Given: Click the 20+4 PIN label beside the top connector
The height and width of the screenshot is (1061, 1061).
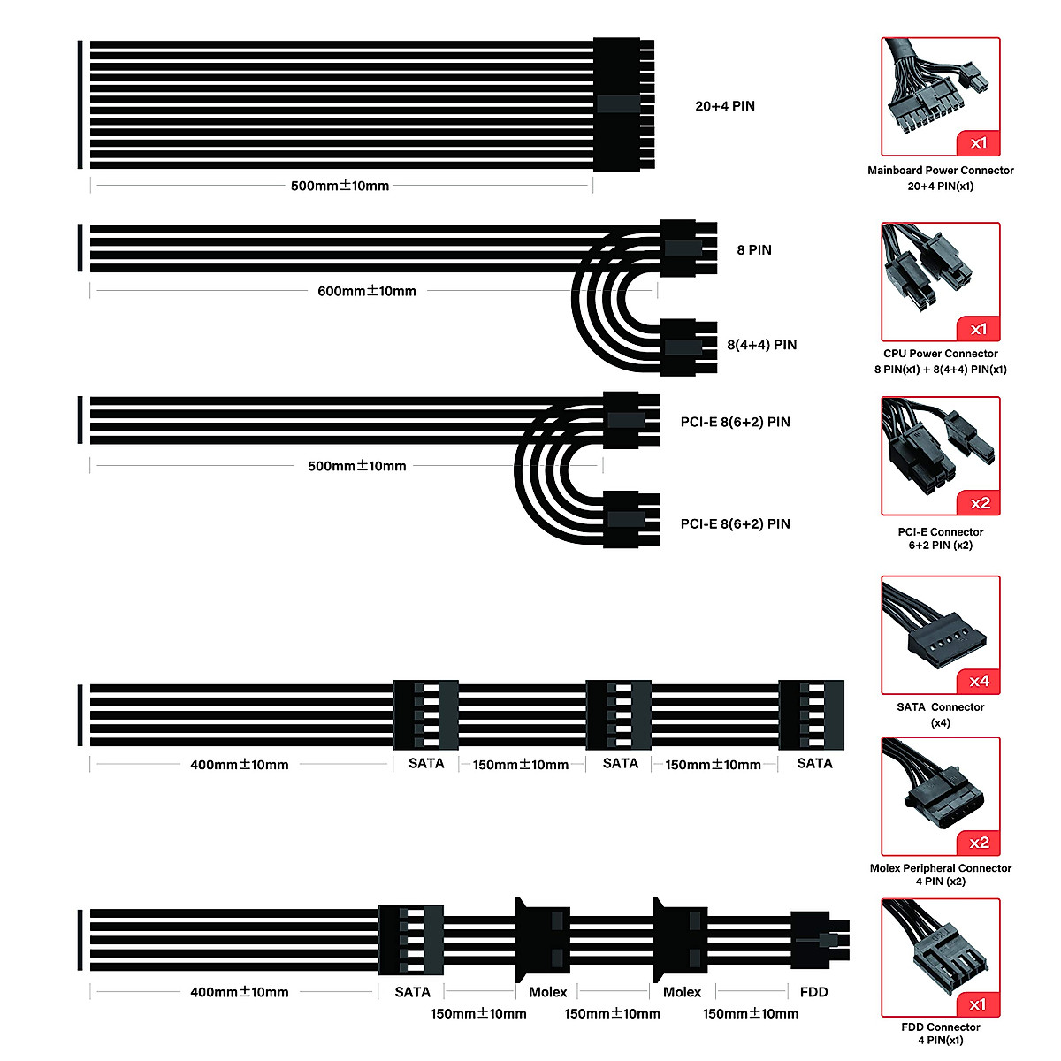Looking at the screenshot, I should [725, 106].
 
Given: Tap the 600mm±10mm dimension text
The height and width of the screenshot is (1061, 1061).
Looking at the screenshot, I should [367, 291].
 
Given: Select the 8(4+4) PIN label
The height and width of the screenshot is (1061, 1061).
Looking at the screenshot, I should [761, 345].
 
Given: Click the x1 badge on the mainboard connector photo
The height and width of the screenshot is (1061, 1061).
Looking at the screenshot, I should [979, 143].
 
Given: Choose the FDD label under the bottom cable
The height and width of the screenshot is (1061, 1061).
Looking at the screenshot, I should [813, 992].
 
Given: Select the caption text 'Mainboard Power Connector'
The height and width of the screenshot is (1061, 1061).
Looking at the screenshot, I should [940, 171].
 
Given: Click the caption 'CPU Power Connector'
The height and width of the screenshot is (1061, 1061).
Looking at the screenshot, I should [940, 354].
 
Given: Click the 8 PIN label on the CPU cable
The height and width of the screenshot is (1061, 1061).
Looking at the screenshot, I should [754, 250].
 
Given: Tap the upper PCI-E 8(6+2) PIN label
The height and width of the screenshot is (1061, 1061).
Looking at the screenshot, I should [735, 422].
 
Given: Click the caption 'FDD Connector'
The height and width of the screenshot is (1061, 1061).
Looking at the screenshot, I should [940, 1027].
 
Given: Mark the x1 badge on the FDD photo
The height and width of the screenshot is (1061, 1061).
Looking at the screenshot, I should [978, 1004].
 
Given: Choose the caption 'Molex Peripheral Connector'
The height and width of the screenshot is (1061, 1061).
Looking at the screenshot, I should [940, 868].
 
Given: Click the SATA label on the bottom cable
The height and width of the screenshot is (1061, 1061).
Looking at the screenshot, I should [412, 992].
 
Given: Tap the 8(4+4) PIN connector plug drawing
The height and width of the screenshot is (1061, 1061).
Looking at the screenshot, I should [688, 347].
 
